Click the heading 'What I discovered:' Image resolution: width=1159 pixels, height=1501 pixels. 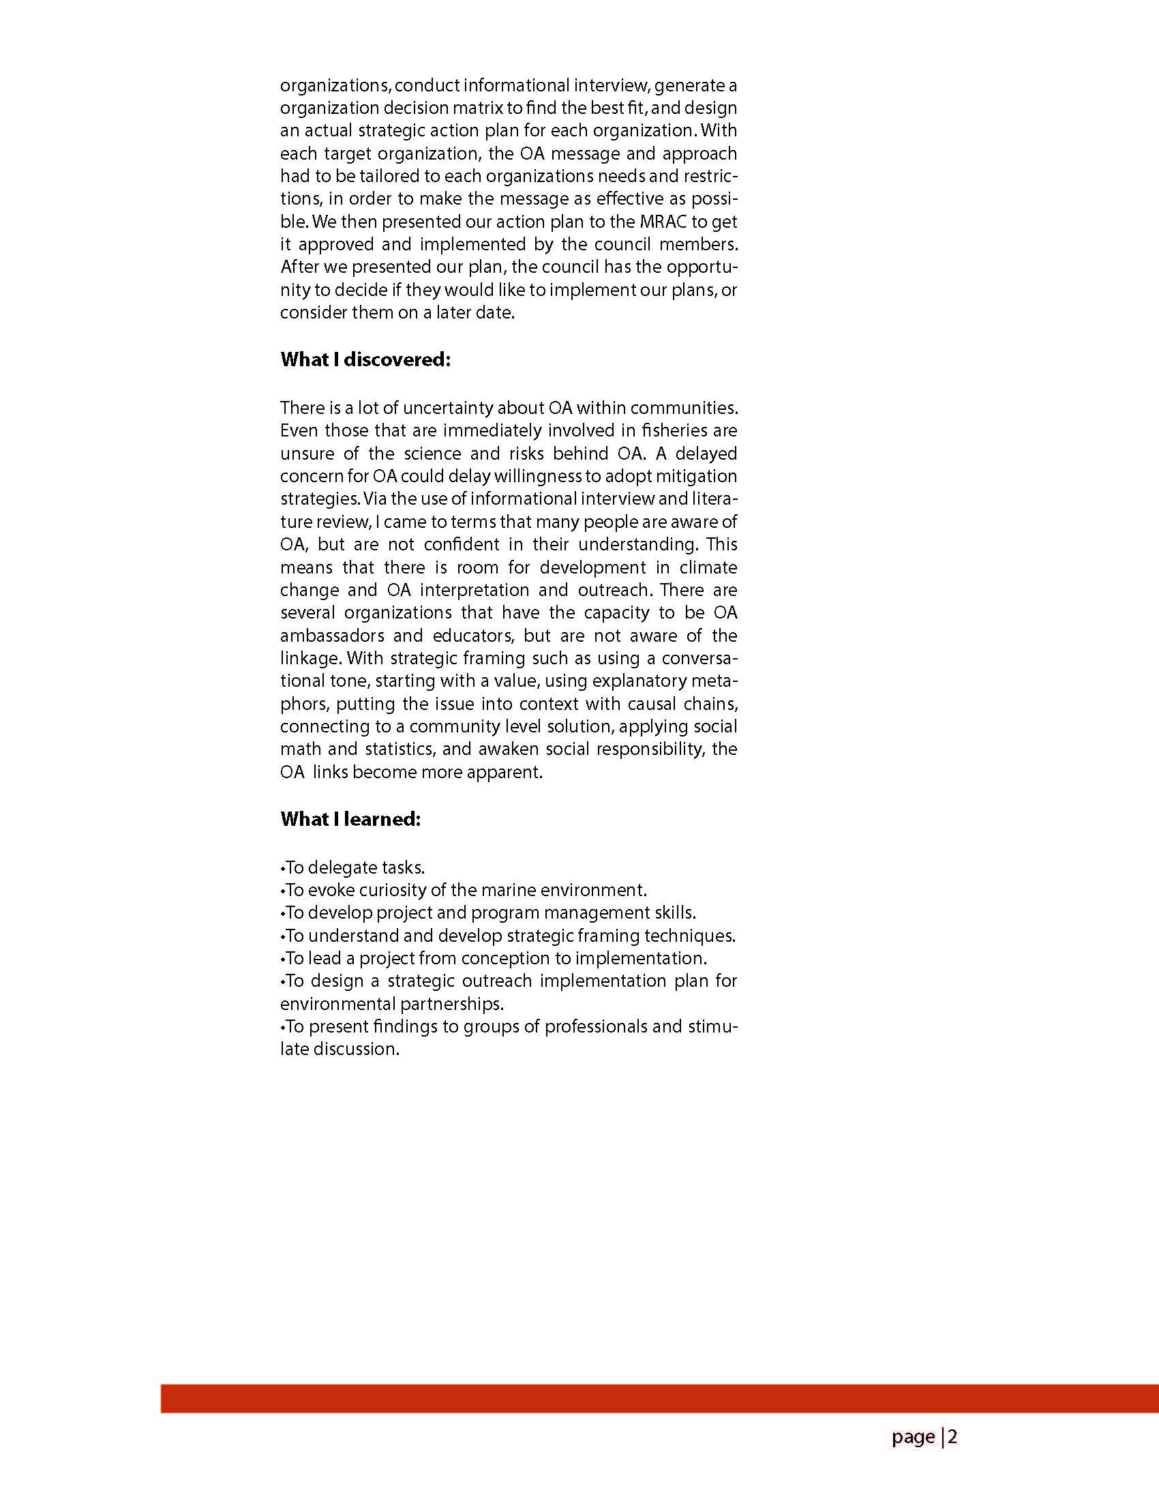click(365, 359)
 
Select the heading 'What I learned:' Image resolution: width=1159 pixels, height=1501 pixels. click(350, 819)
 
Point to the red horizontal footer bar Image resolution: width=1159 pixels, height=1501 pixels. click(659, 1398)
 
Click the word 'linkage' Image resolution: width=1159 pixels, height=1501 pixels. click(310, 658)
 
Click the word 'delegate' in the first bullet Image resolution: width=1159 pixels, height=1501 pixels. click(340, 867)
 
